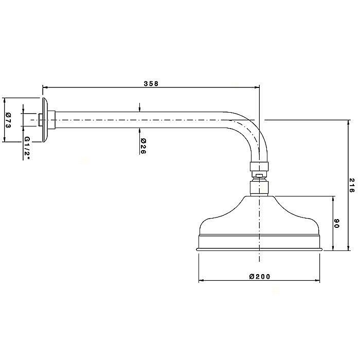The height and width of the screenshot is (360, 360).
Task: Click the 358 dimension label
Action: click(x=151, y=83)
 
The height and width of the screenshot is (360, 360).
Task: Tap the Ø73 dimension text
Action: click(x=8, y=120)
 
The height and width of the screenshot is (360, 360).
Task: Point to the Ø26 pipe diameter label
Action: click(x=143, y=146)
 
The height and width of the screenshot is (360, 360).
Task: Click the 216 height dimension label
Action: click(x=352, y=185)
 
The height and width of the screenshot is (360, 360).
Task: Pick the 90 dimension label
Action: click(x=336, y=223)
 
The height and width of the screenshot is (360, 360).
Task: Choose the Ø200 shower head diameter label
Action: click(x=260, y=277)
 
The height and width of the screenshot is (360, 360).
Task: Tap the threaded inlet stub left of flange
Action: click(x=41, y=120)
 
